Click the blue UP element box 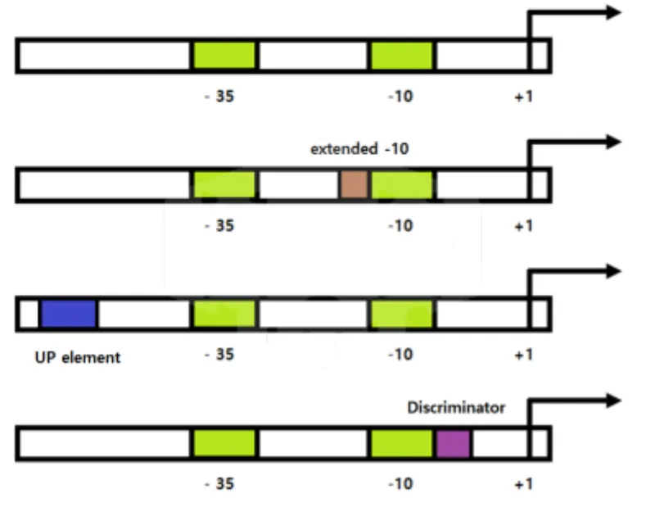[69, 314]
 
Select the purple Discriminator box [454, 443]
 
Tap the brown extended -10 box [354, 184]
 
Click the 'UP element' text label [78, 357]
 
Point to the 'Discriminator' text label [456, 407]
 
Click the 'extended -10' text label [359, 148]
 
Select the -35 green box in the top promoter [224, 55]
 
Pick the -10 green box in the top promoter [402, 55]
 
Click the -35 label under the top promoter [219, 96]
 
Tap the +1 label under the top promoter [524, 97]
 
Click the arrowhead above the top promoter [613, 12]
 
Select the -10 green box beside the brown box [402, 184]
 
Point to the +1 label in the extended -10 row [524, 226]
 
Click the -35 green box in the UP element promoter [224, 314]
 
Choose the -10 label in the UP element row [400, 355]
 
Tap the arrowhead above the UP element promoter [613, 271]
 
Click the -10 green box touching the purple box [402, 443]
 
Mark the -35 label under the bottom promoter [219, 483]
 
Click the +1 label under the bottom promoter [524, 484]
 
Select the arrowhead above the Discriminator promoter [613, 401]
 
